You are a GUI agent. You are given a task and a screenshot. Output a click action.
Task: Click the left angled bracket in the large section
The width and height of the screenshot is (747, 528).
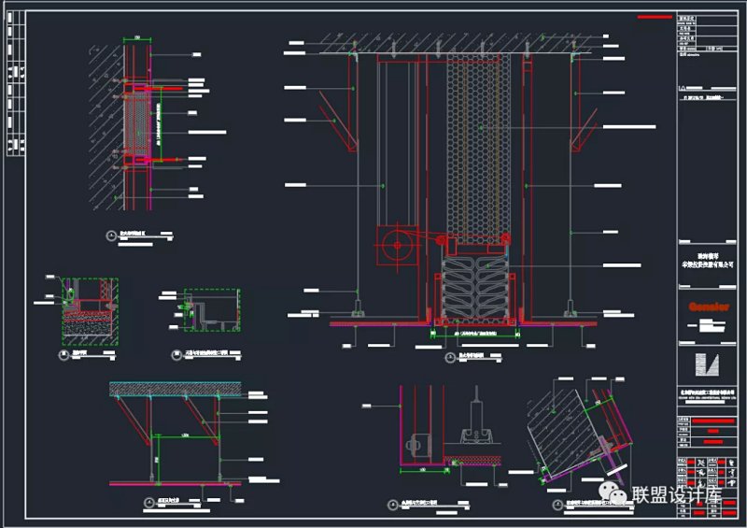click(x=348, y=131)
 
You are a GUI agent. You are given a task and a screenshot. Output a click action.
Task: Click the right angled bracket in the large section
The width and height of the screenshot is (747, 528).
click(x=584, y=131)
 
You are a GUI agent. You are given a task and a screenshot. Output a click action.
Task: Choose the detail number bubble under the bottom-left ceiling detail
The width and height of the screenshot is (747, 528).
click(x=148, y=503)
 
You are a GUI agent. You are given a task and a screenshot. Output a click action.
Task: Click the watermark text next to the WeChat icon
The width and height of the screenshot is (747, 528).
click(x=677, y=493)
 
